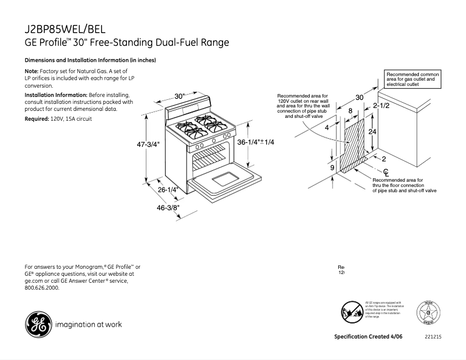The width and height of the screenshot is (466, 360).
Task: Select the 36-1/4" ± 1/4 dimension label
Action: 256,142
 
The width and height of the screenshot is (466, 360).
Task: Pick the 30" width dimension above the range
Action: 179,96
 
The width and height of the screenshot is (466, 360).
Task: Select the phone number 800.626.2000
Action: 42,287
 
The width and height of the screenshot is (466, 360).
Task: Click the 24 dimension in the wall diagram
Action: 373,132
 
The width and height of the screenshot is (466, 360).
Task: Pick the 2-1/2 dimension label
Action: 381,106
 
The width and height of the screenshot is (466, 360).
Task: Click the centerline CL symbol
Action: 386,172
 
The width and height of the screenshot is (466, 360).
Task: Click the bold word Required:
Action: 36,118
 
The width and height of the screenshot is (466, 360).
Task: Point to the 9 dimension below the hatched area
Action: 332,168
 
